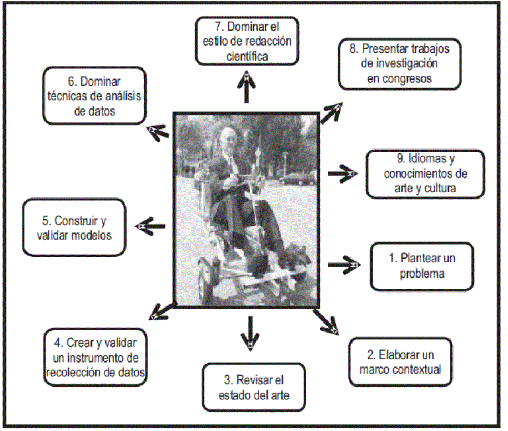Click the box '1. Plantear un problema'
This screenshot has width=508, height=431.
(422, 266)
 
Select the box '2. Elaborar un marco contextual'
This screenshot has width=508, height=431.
(400, 361)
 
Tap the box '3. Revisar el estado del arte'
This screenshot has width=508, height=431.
(253, 388)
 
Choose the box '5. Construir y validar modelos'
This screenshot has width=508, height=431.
(74, 227)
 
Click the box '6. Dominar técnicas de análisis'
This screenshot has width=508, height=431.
(94, 96)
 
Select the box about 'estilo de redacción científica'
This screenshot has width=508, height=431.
(247, 41)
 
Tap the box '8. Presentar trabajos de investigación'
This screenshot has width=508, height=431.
(399, 63)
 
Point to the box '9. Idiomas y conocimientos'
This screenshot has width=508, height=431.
(425, 174)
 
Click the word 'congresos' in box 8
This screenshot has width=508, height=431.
(399, 78)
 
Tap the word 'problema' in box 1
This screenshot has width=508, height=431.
(422, 273)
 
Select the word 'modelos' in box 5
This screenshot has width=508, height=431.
(89, 235)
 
